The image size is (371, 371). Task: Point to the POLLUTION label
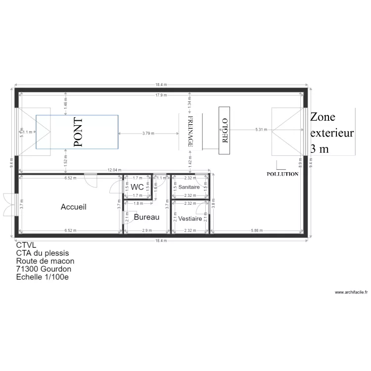(x=282, y=174)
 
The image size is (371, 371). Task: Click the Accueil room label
(x=73, y=207)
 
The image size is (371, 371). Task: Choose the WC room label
(x=137, y=187)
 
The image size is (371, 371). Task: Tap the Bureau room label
(x=146, y=217)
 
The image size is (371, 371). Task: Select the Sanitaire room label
(x=189, y=187)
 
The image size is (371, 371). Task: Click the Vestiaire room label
(x=190, y=218)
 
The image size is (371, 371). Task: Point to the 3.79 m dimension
(x=148, y=133)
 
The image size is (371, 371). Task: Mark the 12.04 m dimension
(x=115, y=170)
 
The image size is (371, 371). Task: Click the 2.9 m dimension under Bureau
(x=147, y=230)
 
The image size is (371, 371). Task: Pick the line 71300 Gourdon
(x=44, y=269)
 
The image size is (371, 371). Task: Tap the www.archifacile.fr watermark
(x=351, y=292)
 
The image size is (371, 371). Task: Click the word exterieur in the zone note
(x=331, y=133)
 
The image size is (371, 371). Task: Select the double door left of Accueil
(x=10, y=204)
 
